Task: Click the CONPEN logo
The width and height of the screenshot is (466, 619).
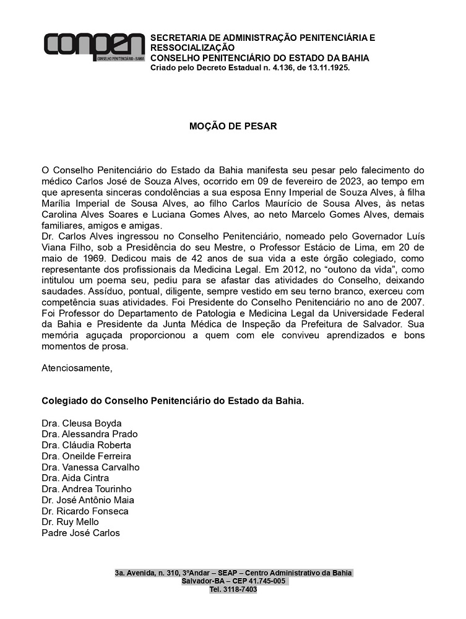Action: (94, 46)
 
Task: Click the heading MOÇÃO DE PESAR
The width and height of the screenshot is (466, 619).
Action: (233, 126)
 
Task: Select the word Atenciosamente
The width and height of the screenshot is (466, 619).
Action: (77, 368)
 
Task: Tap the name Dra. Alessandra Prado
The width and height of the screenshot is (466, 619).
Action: (89, 434)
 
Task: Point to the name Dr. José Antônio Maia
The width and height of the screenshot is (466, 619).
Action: (87, 500)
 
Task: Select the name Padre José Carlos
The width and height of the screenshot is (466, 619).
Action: (80, 533)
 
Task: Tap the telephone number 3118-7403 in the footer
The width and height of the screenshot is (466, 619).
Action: (239, 589)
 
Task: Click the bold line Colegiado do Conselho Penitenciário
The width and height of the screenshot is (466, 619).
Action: (173, 401)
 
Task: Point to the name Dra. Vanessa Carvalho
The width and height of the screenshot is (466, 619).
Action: (90, 467)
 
